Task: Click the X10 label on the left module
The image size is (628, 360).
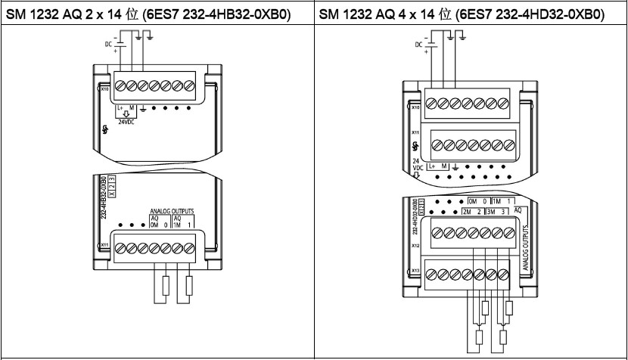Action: click(x=104, y=89)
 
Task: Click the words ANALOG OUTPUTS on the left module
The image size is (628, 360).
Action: click(x=170, y=213)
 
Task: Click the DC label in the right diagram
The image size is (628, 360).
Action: click(x=419, y=44)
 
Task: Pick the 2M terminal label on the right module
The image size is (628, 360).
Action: click(x=467, y=211)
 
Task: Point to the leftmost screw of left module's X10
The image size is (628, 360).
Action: click(x=119, y=84)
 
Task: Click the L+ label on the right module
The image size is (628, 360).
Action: click(x=433, y=166)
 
